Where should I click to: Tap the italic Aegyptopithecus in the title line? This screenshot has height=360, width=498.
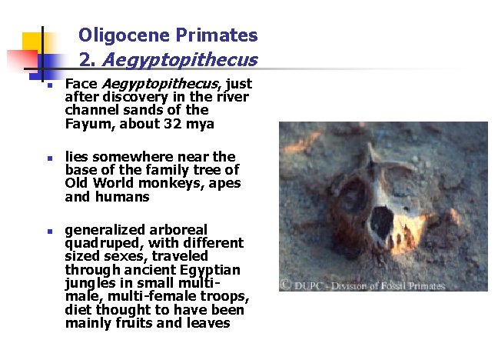[x=179, y=59]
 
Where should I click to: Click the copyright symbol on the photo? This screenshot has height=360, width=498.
[x=285, y=285]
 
